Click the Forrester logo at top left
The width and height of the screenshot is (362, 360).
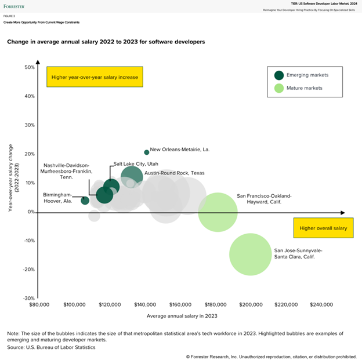coord(15,6)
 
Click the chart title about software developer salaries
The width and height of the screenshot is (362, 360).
coord(106,42)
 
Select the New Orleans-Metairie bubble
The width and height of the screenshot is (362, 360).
coord(146,152)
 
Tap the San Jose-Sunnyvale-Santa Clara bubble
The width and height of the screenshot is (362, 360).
coord(251,254)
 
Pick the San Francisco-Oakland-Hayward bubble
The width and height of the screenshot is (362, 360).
coord(218,212)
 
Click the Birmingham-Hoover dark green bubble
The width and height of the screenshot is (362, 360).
coord(85,200)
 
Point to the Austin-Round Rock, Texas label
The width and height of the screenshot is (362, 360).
coord(174,173)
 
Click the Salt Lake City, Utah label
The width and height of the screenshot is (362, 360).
coord(135,164)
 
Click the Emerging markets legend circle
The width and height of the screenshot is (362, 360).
coord(280,75)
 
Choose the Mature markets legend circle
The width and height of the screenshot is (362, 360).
coord(280,88)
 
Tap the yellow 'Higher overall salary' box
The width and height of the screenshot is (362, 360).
coord(323,228)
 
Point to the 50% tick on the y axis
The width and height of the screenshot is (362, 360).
coord(30,67)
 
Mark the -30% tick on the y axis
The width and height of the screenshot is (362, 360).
coord(28,298)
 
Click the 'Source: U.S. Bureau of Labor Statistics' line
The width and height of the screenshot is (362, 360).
coord(51,347)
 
